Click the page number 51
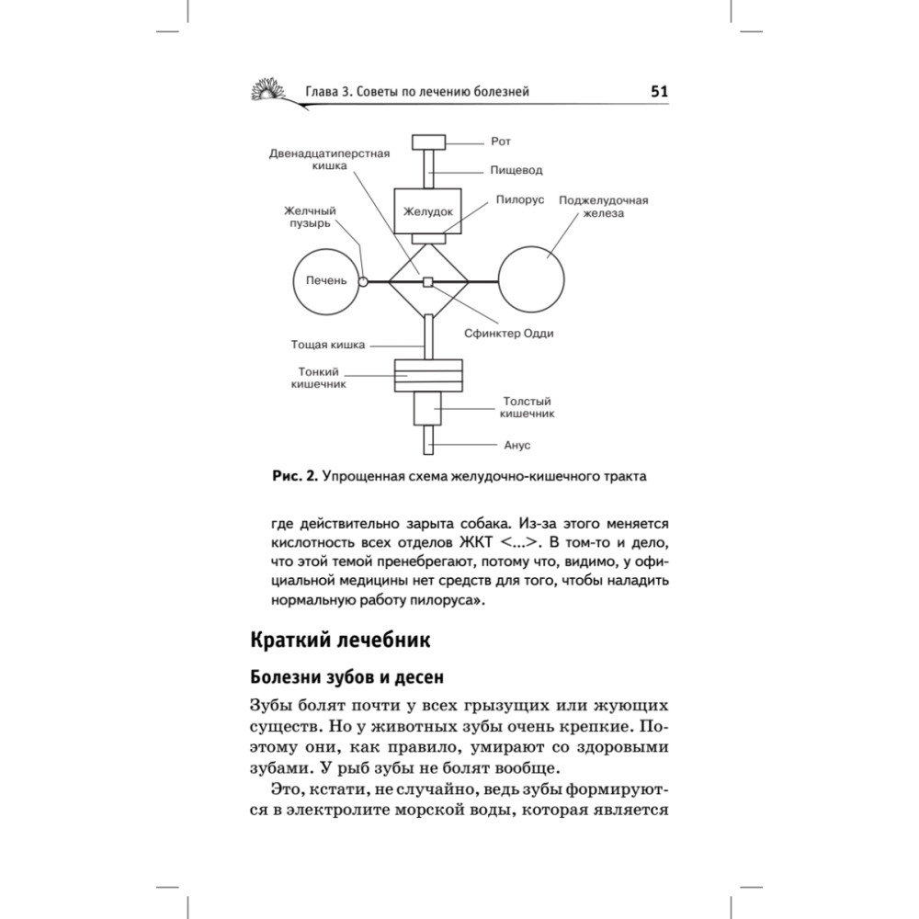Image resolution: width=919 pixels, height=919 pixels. [x=658, y=91]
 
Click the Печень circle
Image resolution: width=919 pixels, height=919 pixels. [x=325, y=281]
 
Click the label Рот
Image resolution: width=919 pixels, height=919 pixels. [x=501, y=142]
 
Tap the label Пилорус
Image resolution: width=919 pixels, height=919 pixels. [x=520, y=199]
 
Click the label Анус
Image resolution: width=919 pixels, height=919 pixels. [x=517, y=445]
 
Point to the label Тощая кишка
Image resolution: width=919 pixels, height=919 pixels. [x=328, y=346]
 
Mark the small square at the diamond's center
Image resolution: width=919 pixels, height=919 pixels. [x=427, y=281]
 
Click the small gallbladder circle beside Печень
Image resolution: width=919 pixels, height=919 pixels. [x=364, y=281]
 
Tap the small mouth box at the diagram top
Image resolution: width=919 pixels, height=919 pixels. [x=428, y=142]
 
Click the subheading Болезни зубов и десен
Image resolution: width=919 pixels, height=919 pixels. [x=346, y=678]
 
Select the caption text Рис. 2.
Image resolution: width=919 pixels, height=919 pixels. [x=294, y=476]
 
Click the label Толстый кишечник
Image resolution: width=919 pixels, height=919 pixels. [x=527, y=408]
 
